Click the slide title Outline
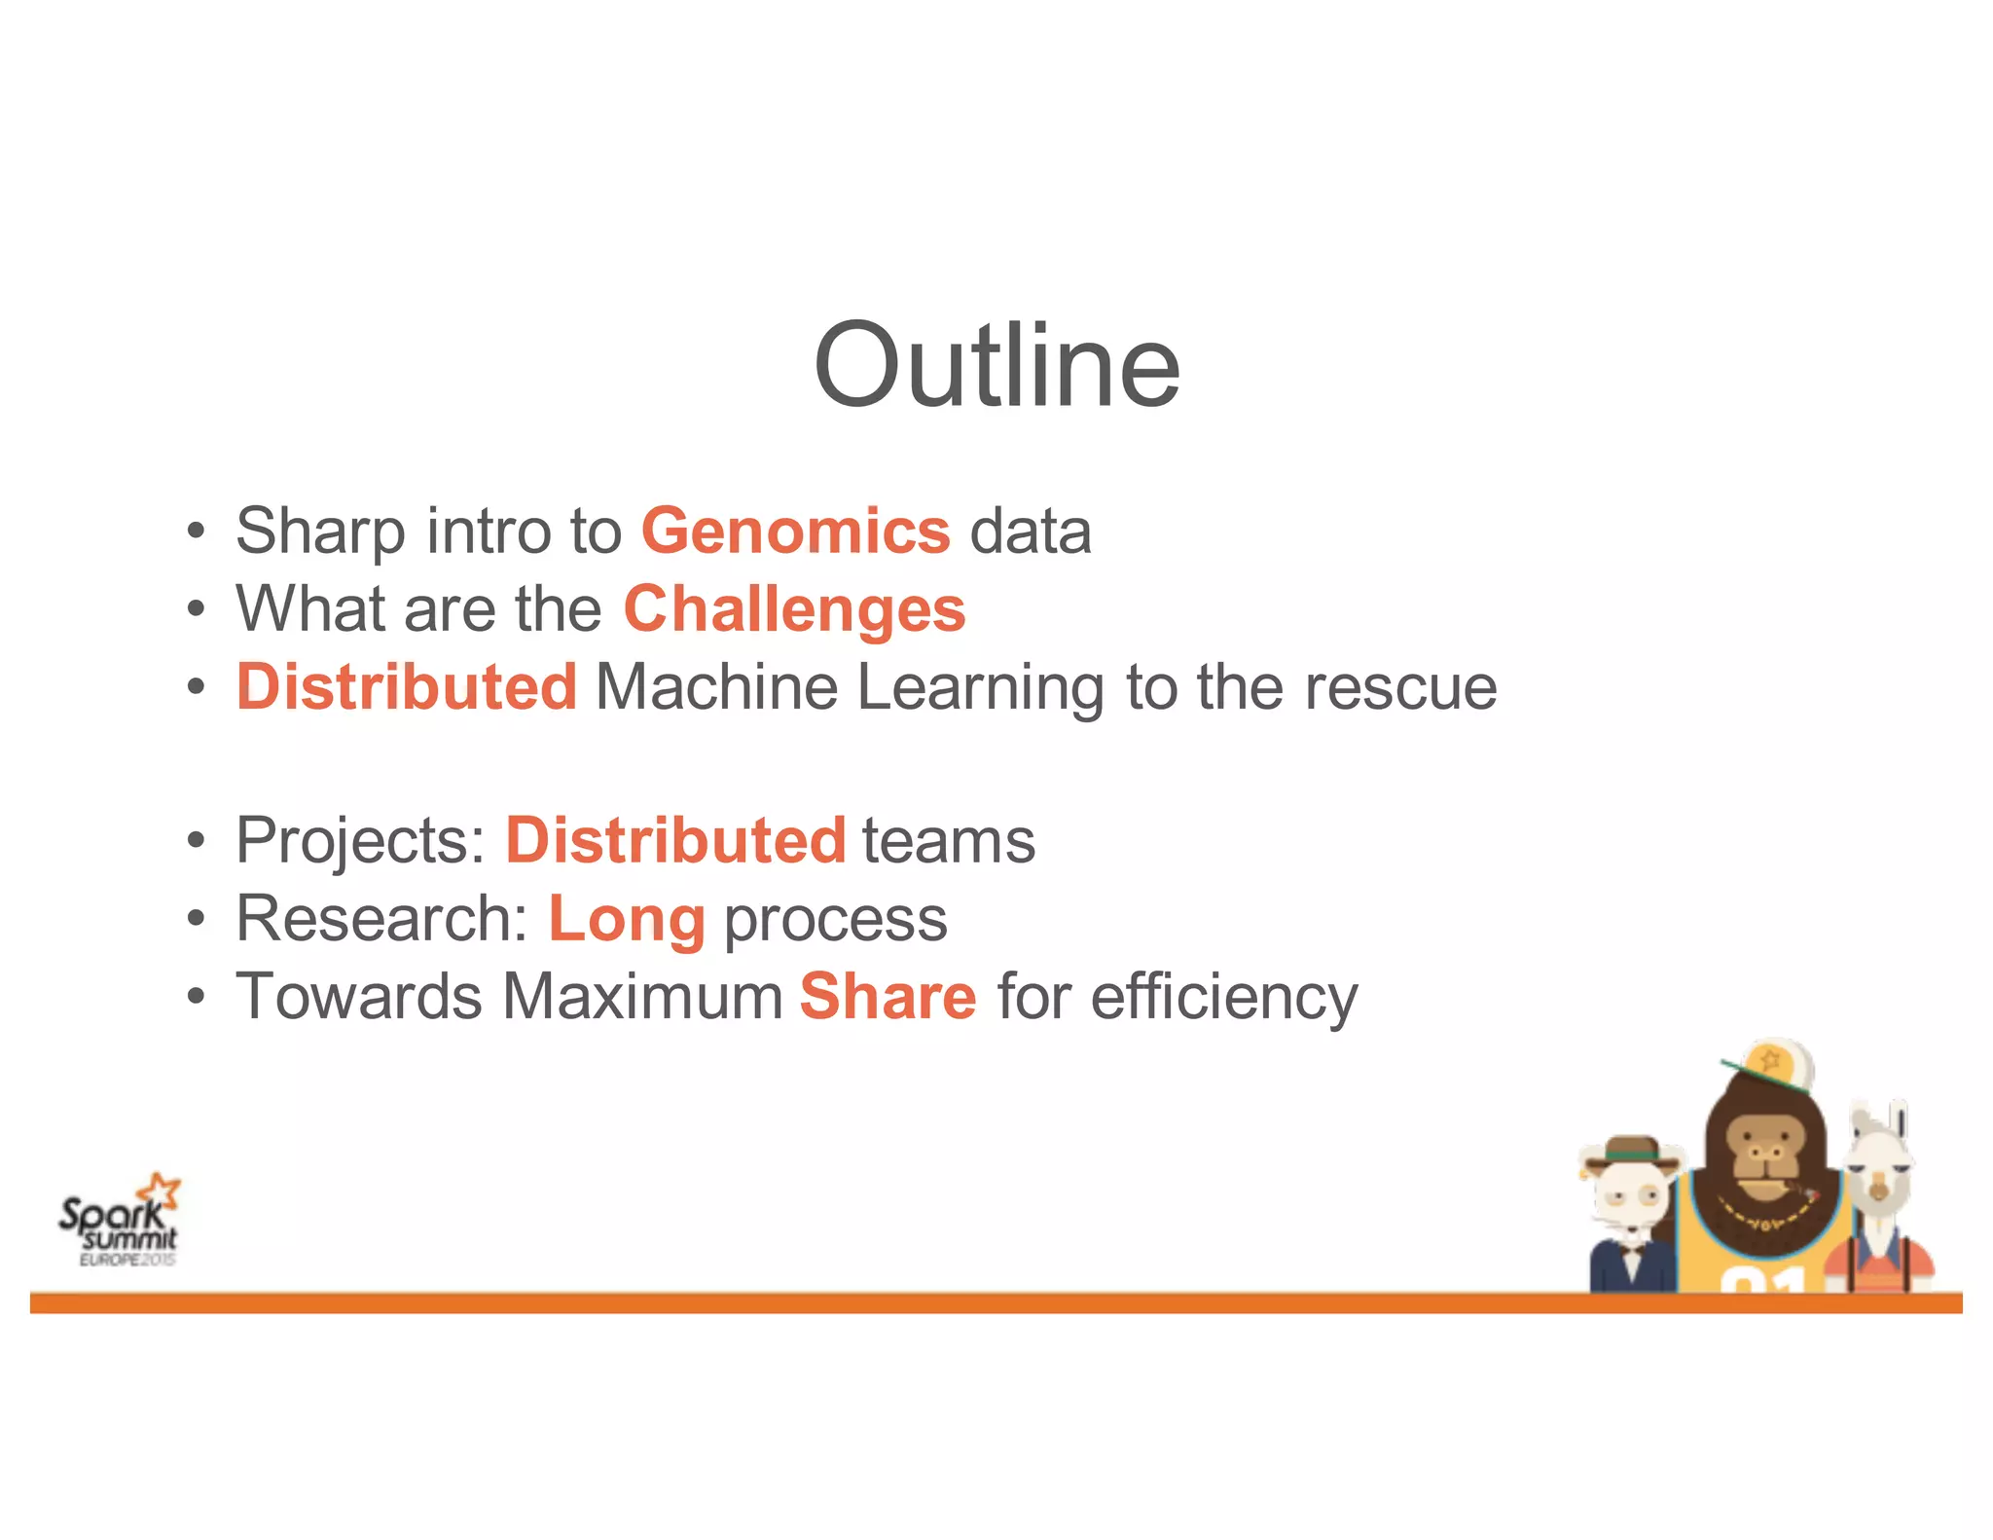click(x=996, y=366)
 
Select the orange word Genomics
click(x=795, y=532)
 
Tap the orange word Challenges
click(x=794, y=609)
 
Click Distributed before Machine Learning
click(x=407, y=687)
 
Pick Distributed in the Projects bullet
click(x=675, y=840)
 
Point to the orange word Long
click(x=627, y=919)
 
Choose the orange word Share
click(x=888, y=997)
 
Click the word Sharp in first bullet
click(x=320, y=532)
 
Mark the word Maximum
click(x=642, y=997)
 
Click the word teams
click(x=948, y=841)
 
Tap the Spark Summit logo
click(x=119, y=1223)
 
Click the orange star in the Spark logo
click(x=160, y=1190)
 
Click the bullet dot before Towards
click(x=197, y=998)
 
